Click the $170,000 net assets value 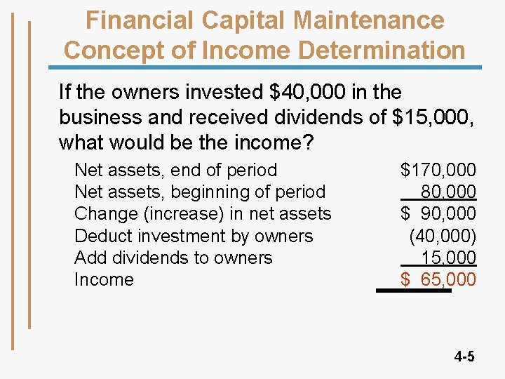[438, 170]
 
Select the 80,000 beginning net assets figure [448, 192]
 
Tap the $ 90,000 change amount [438, 213]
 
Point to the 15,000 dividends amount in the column [448, 258]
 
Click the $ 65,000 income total [438, 279]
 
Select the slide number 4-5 [464, 357]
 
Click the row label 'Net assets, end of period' [175, 170]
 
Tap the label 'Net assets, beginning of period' [200, 192]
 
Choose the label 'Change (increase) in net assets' [203, 213]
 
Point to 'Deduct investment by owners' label [194, 236]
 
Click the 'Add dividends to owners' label [173, 258]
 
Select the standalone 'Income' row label [104, 279]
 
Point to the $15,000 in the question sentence [433, 117]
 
